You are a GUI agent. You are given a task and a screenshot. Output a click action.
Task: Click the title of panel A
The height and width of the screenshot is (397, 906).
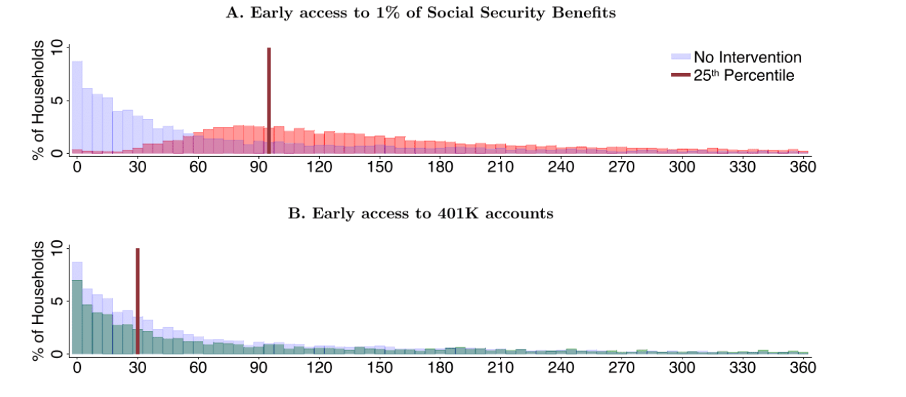point(421,13)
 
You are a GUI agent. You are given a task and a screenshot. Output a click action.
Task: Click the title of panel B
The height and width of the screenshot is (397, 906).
point(420,214)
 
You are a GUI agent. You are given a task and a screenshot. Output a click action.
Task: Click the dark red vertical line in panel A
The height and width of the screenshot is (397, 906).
point(269,99)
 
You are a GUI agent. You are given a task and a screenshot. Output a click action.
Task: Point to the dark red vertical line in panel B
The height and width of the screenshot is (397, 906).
point(138,298)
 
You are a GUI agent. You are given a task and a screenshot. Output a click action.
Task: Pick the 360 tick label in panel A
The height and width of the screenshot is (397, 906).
point(802,168)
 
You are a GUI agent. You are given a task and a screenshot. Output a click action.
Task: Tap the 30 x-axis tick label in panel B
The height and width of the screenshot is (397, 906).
point(138,369)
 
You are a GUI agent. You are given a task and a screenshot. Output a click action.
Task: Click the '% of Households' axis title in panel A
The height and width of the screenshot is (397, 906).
point(40,99)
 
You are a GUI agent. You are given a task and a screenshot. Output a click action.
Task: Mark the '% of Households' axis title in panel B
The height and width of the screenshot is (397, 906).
point(40,300)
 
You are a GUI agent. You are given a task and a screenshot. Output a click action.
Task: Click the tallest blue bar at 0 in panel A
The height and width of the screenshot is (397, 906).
point(77,106)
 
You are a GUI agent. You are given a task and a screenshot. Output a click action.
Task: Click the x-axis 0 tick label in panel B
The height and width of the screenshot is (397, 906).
point(77,369)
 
